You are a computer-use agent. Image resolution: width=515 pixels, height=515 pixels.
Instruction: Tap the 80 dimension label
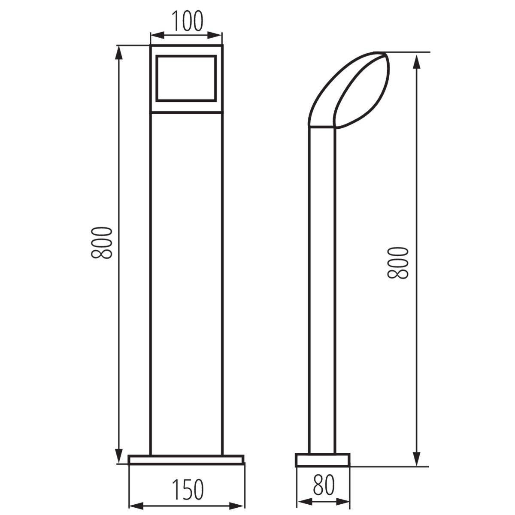(x=324, y=485)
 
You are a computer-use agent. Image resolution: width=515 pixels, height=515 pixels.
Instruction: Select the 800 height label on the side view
(x=398, y=263)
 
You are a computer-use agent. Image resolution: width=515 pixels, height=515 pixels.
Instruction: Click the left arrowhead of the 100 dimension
(x=158, y=35)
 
